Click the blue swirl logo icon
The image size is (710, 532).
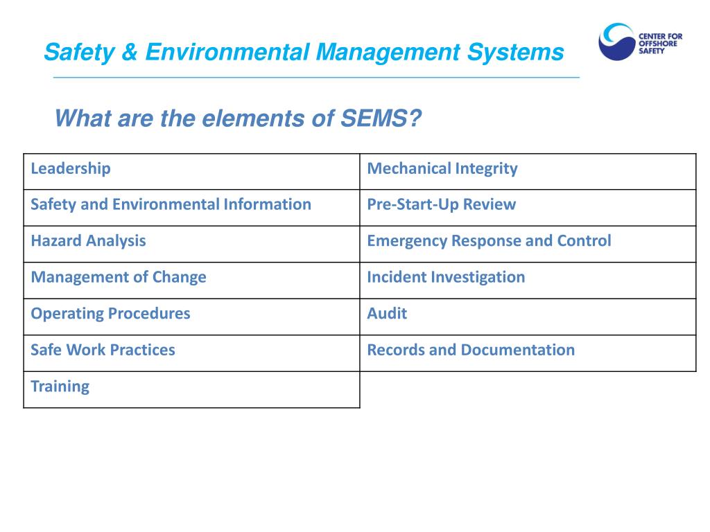[615, 42]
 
